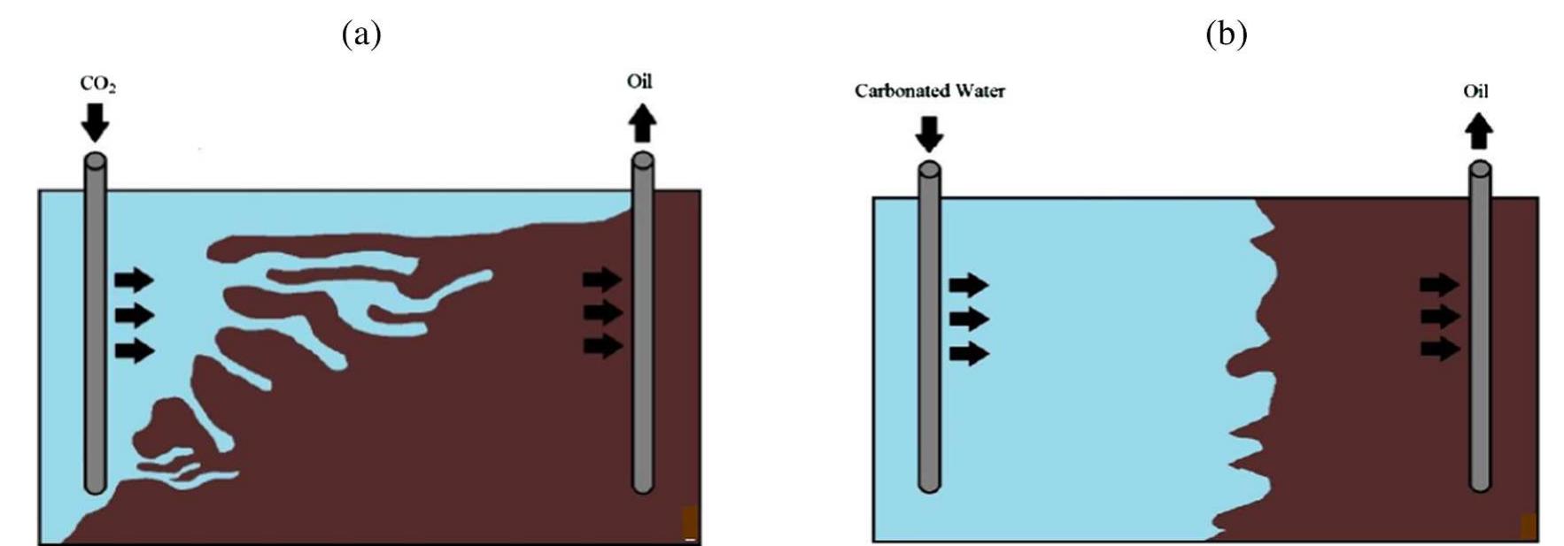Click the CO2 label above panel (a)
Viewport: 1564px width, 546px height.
98,84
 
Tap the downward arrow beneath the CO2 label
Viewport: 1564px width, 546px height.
95,122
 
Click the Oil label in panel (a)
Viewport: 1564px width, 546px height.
639,81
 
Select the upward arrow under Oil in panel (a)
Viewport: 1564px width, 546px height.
642,123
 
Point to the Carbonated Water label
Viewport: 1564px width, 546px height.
930,91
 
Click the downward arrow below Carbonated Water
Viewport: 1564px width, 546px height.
929,133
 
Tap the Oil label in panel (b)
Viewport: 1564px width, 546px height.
1476,91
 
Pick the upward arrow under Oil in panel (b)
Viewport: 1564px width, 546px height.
1479,133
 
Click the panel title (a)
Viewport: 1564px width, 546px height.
361,35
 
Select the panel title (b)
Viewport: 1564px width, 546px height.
1227,35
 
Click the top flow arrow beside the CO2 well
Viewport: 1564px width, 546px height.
134,281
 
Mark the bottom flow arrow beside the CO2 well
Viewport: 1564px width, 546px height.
134,350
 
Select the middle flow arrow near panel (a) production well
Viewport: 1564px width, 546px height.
602,312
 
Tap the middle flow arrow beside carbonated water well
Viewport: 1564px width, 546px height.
969,319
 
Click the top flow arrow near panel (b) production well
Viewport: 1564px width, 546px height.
1439,284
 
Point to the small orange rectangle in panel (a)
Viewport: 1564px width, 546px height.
690,521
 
